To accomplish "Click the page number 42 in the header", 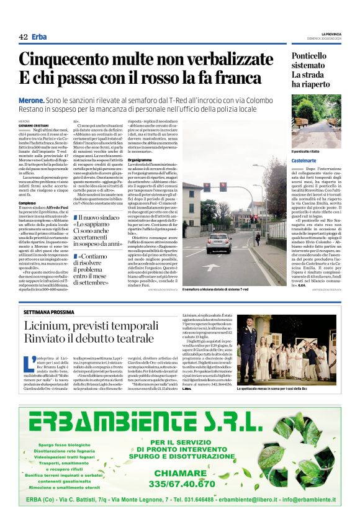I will (23, 37).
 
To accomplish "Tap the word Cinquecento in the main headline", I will (69, 60).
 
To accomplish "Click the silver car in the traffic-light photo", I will (218, 242).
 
